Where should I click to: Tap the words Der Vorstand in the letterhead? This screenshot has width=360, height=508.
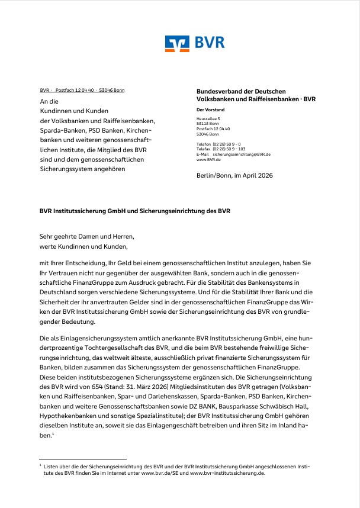click(x=210, y=110)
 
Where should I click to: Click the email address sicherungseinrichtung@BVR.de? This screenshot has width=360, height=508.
click(x=242, y=154)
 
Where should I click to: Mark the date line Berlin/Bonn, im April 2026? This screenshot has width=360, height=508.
click(x=234, y=175)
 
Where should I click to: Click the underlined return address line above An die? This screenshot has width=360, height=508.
click(x=82, y=90)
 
